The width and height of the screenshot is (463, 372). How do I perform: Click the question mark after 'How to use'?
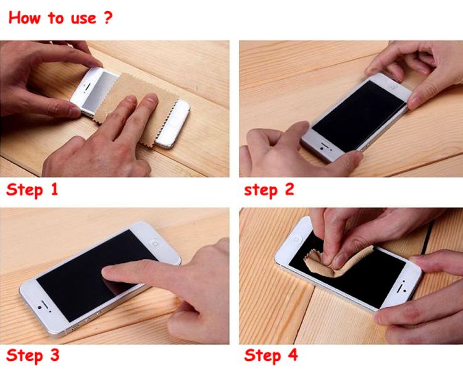point(108,17)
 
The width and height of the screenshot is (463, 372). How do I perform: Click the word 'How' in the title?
point(24,18)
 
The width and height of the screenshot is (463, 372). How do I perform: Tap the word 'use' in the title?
point(83,19)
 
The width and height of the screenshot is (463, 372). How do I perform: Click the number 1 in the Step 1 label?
point(54,189)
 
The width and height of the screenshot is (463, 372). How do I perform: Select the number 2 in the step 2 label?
point(290,189)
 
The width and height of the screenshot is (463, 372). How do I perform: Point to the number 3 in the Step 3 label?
point(54,355)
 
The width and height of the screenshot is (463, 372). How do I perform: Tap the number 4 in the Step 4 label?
point(293,355)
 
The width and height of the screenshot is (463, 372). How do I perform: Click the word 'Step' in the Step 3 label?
point(25,355)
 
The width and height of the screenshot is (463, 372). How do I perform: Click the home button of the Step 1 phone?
point(174,122)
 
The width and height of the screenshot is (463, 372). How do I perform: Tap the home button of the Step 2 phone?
point(393,87)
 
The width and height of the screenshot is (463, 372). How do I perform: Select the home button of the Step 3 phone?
point(155,243)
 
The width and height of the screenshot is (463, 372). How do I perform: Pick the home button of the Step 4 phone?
point(296,238)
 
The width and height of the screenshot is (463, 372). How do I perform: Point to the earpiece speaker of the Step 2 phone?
point(327,145)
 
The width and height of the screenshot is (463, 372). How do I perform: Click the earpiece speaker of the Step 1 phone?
point(88,87)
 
